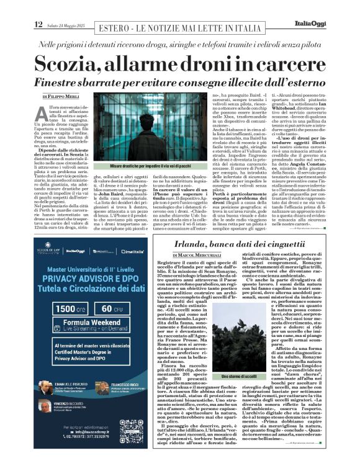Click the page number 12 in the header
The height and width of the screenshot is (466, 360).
coord(38,24)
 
